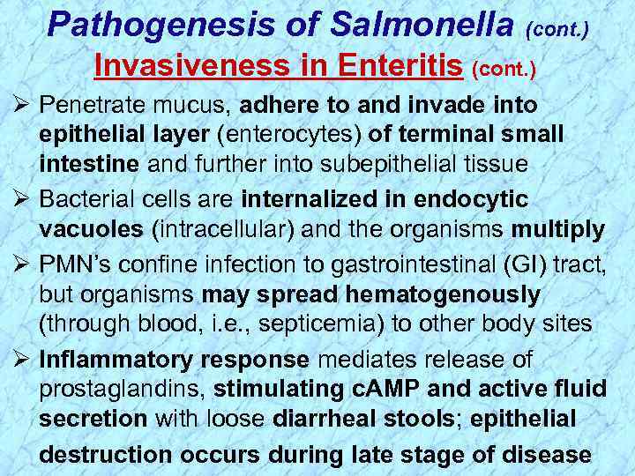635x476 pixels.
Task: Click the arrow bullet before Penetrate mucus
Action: point(17,106)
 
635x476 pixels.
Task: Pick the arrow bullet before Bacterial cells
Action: point(17,200)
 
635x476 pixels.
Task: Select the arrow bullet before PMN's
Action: point(17,263)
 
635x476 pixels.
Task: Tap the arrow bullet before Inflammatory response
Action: point(17,360)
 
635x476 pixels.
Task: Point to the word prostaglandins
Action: point(122,389)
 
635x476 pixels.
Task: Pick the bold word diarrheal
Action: point(327,420)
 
